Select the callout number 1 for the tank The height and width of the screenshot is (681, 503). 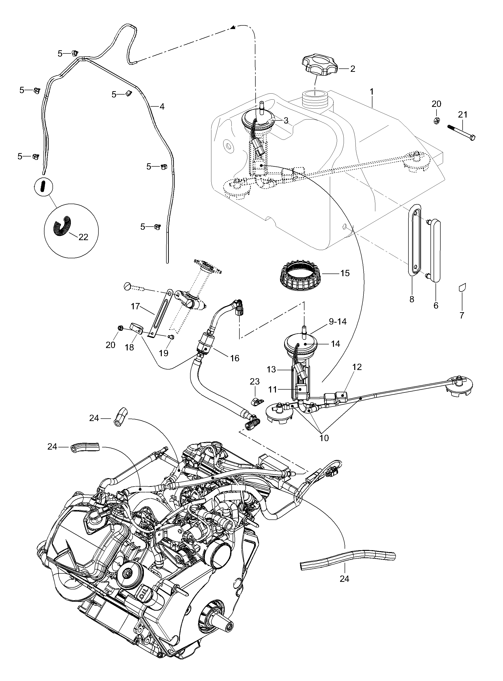tap(371, 91)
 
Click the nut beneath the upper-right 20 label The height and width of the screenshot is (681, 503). tap(436, 120)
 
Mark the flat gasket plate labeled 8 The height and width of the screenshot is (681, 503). tap(414, 240)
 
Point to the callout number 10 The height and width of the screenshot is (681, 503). tap(324, 438)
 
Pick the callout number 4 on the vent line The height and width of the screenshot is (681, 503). tap(162, 107)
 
